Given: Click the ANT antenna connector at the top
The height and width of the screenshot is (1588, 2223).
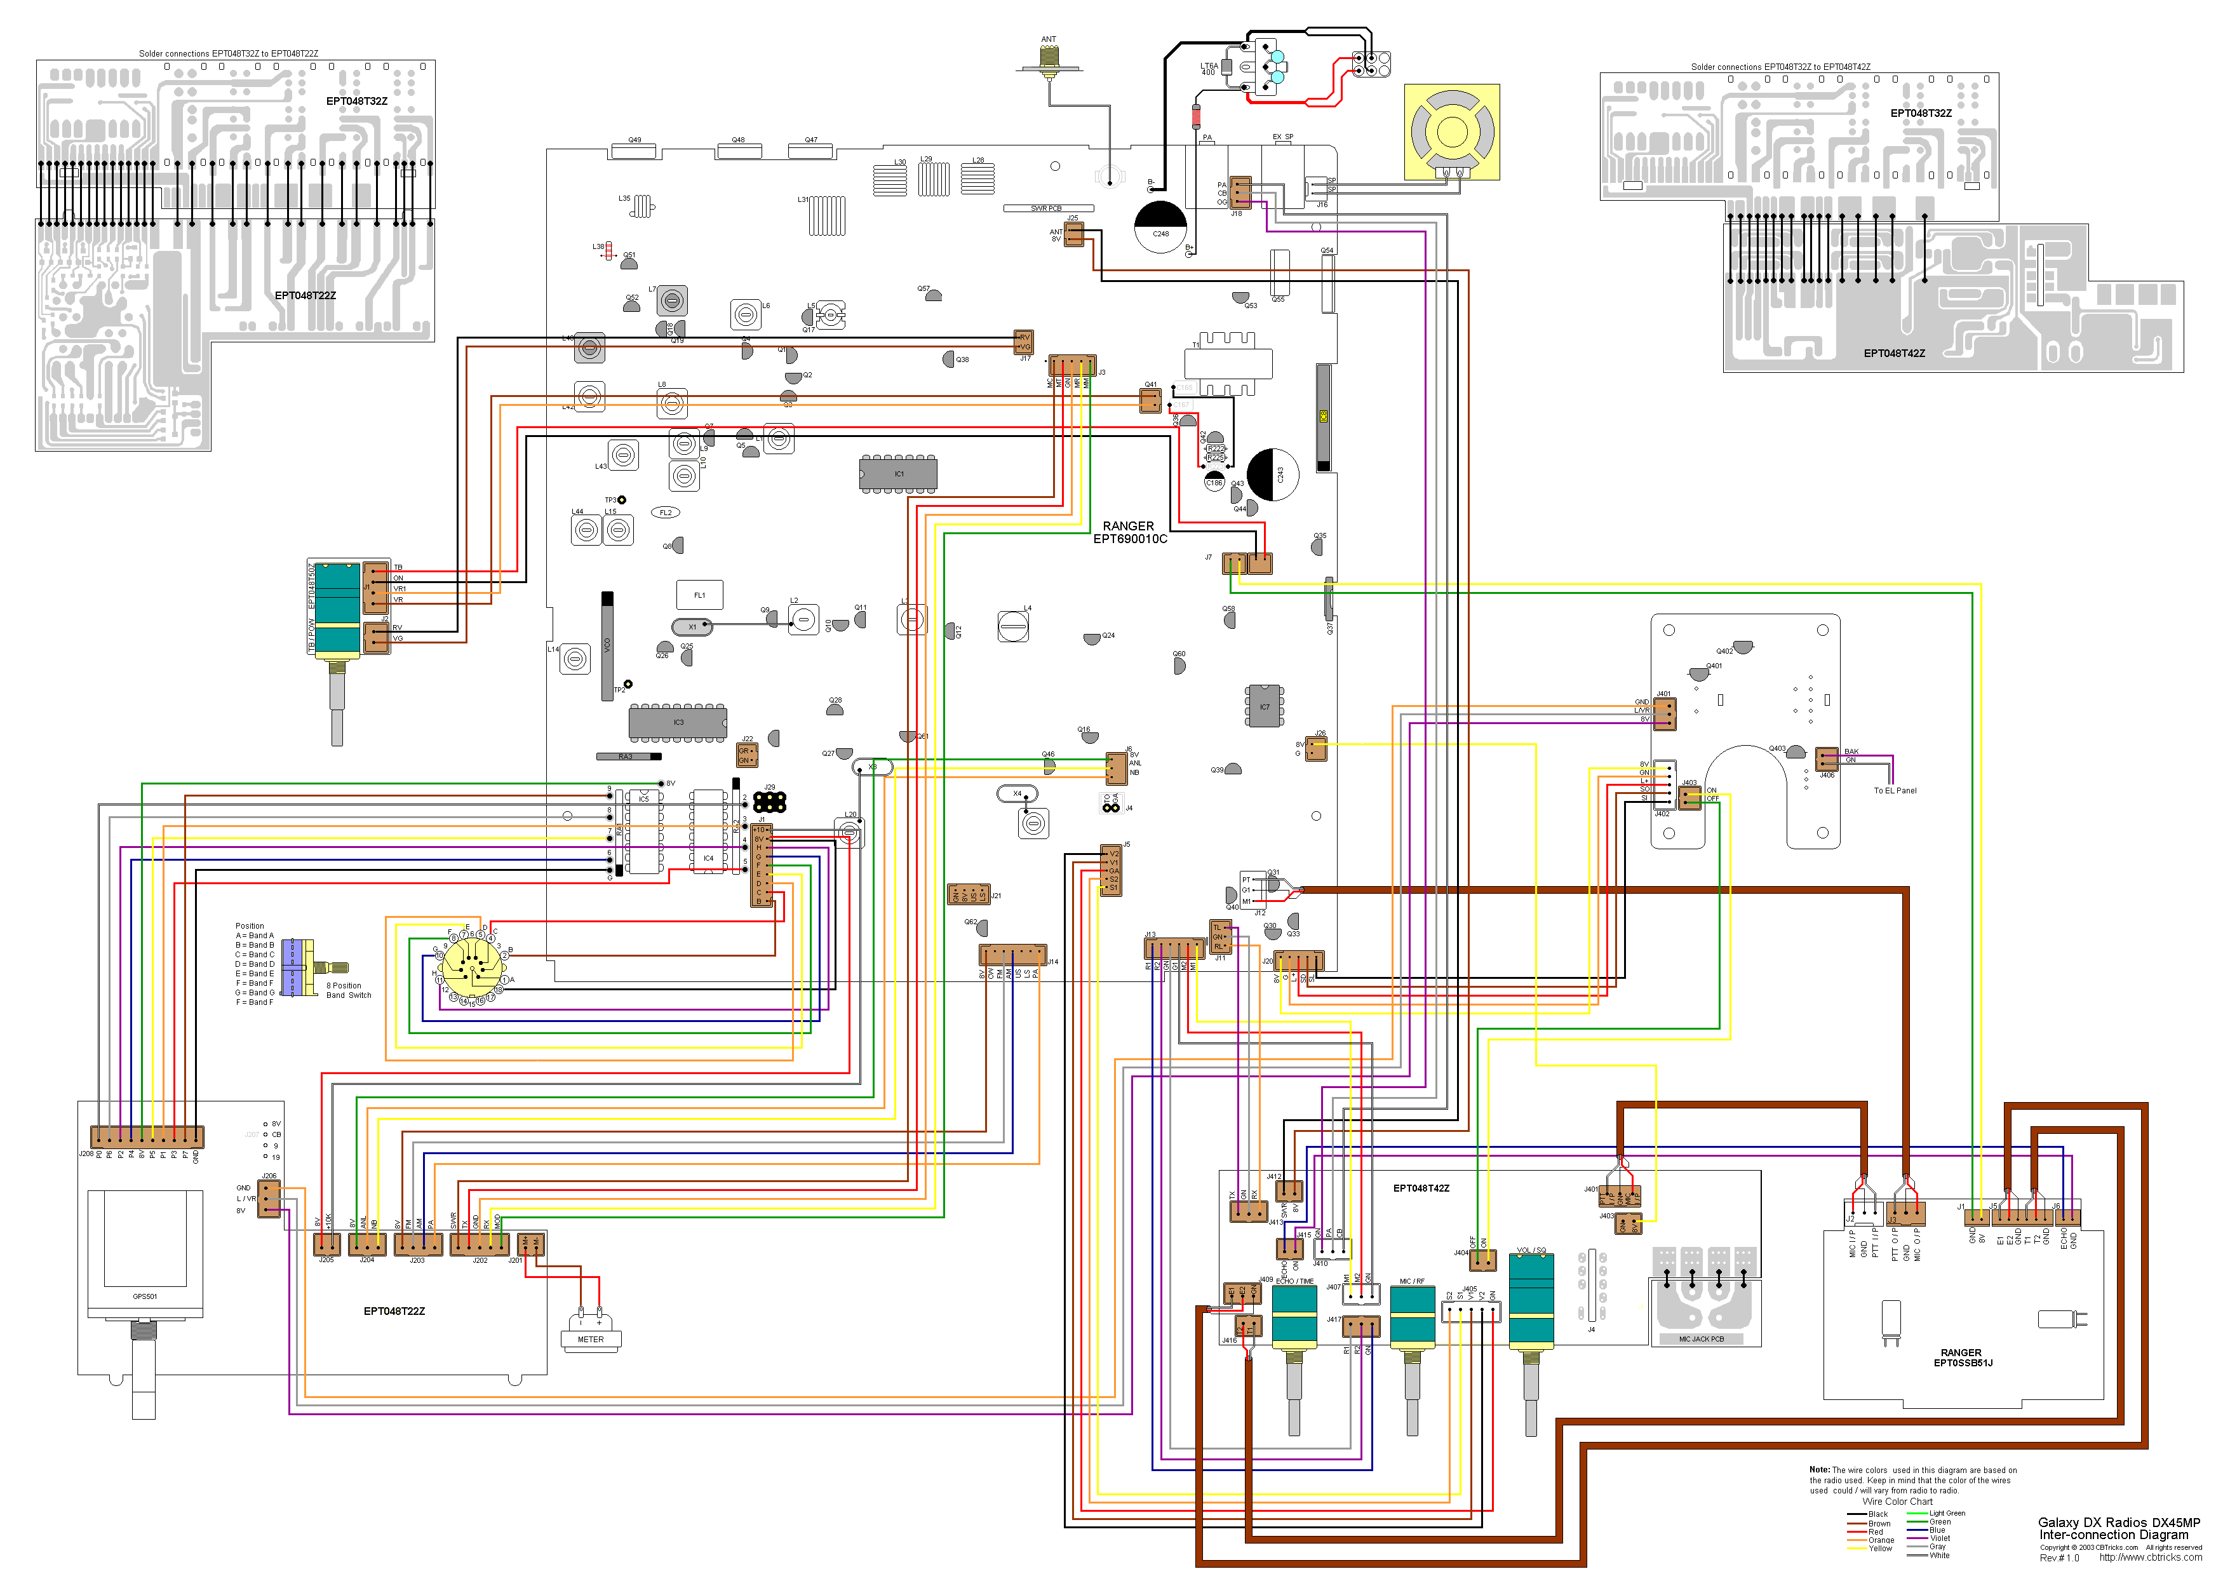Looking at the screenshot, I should (1049, 58).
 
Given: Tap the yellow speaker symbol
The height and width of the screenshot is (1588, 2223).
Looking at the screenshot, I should (1452, 131).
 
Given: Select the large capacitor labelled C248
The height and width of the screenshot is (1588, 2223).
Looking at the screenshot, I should (1160, 227).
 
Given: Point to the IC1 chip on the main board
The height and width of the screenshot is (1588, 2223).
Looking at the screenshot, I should (897, 474).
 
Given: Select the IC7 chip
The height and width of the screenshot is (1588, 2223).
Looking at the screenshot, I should (1264, 706).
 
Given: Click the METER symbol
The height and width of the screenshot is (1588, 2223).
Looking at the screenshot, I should (591, 1338).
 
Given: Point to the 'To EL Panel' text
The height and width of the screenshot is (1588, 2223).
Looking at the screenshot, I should (1895, 790).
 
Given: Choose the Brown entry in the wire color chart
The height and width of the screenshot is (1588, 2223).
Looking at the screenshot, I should (1879, 1523).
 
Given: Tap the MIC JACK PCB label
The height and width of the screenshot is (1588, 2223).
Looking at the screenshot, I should (1701, 1338).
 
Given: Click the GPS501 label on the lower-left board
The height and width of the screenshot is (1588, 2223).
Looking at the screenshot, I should (145, 1296).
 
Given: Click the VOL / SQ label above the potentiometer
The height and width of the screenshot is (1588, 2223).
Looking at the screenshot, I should (1531, 1249).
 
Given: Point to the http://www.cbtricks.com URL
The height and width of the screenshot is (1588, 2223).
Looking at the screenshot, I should (2150, 1558).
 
